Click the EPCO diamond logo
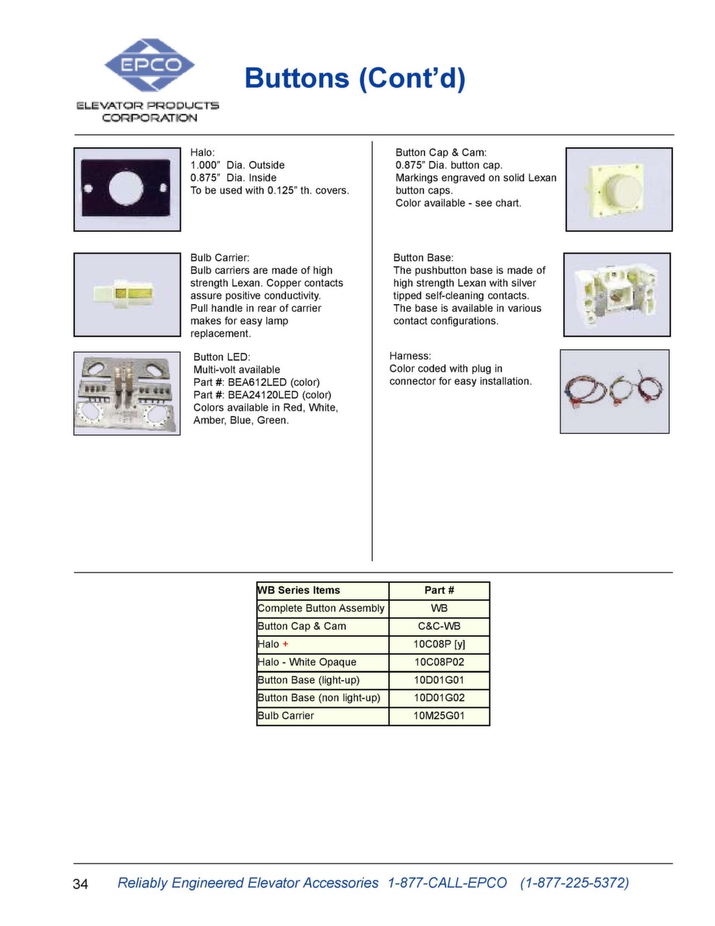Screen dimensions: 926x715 (x=149, y=65)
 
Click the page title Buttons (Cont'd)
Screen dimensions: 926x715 (x=355, y=78)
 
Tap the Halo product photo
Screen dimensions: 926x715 (x=127, y=189)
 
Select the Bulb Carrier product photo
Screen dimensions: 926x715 (x=127, y=294)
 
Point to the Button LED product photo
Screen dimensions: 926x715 (x=127, y=393)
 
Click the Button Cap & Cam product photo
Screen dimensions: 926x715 (x=619, y=189)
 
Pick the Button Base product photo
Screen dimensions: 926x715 (x=617, y=294)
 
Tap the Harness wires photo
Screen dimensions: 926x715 (x=614, y=391)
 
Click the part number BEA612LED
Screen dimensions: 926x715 (x=257, y=382)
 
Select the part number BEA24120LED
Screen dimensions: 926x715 (x=263, y=395)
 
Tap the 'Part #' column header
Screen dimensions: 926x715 (x=439, y=591)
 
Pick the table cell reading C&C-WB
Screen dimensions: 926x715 (x=439, y=626)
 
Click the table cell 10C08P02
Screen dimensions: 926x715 (x=439, y=662)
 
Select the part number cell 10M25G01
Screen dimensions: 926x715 (x=439, y=716)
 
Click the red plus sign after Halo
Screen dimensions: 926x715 (x=286, y=644)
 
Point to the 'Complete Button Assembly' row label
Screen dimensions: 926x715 (x=320, y=608)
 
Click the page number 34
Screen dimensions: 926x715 (x=80, y=884)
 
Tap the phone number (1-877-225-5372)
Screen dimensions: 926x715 (x=574, y=883)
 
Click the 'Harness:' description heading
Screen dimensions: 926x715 (x=410, y=356)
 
